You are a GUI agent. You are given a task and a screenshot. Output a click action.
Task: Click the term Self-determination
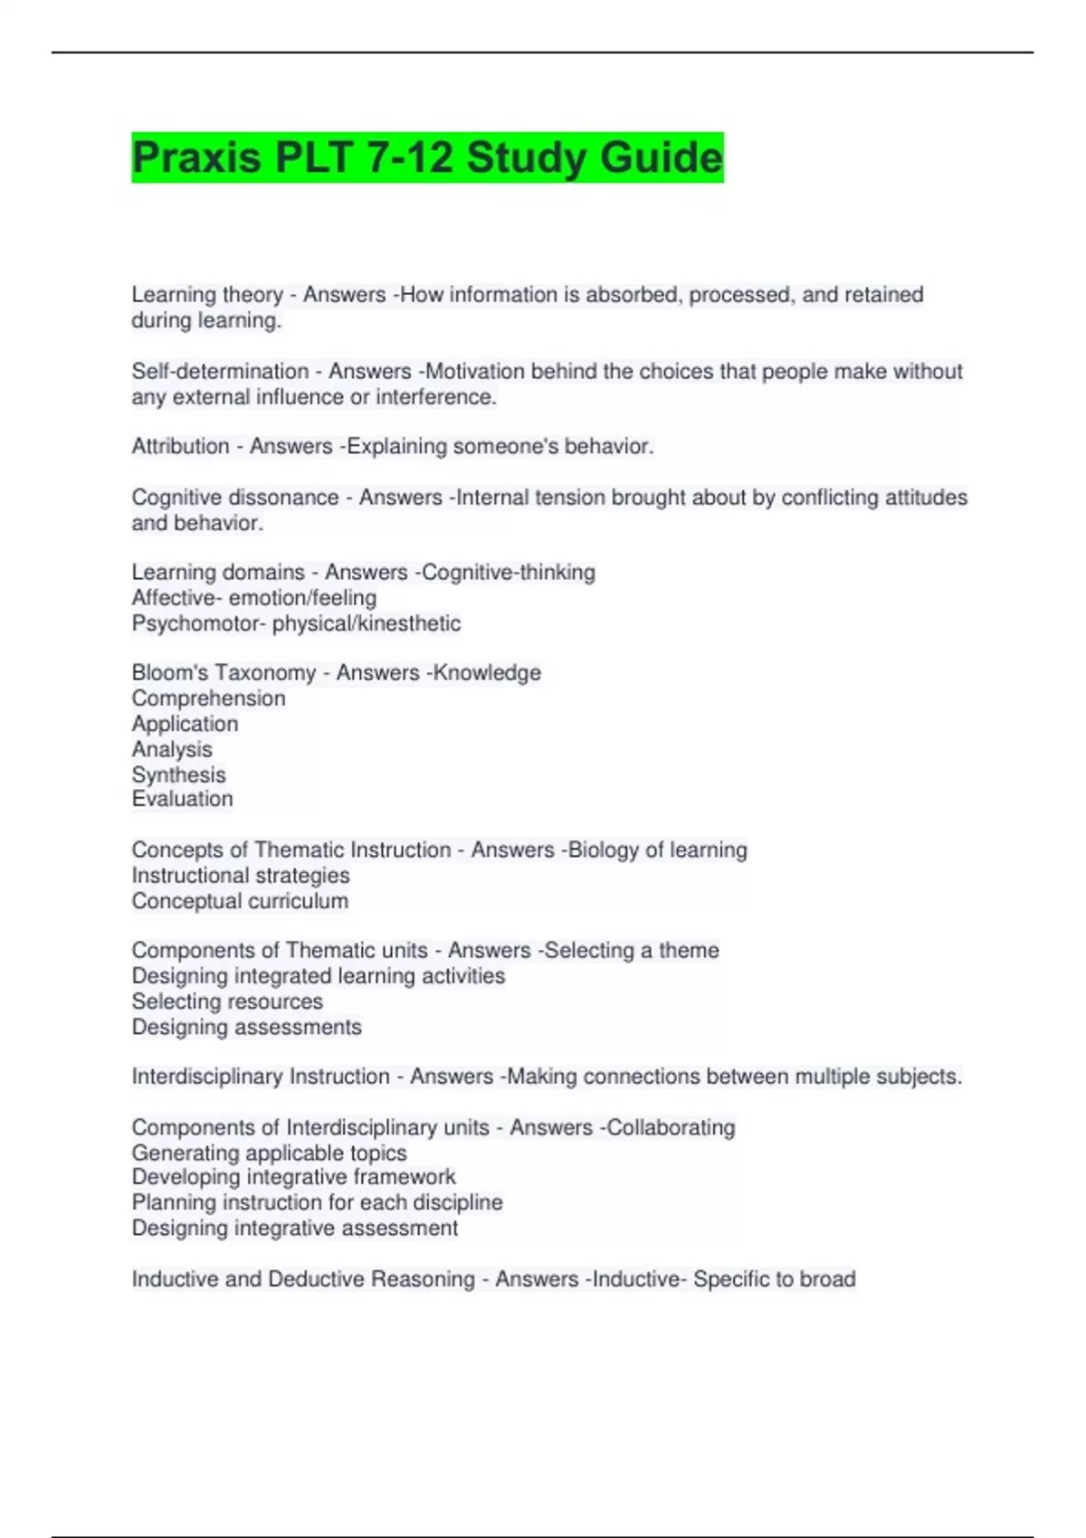tap(220, 371)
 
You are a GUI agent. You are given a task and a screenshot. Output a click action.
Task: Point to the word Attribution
tap(180, 446)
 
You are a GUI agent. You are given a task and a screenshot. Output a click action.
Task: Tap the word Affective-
tap(176, 598)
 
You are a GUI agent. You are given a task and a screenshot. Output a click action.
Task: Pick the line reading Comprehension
tap(208, 698)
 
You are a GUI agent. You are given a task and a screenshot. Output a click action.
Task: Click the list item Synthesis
tap(178, 774)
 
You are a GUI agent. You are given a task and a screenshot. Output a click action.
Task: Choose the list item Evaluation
tap(182, 799)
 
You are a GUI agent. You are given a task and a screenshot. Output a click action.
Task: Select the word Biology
tap(603, 850)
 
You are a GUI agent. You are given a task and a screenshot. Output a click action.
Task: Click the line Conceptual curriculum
tap(240, 901)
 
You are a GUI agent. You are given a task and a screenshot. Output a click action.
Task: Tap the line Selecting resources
tap(227, 1002)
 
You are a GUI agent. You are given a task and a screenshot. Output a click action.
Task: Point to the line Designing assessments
tap(246, 1027)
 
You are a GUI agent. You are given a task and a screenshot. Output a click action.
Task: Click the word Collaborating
tap(671, 1127)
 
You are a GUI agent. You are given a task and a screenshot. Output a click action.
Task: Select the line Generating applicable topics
tap(269, 1153)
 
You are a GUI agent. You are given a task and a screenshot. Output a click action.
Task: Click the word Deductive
tap(317, 1279)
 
